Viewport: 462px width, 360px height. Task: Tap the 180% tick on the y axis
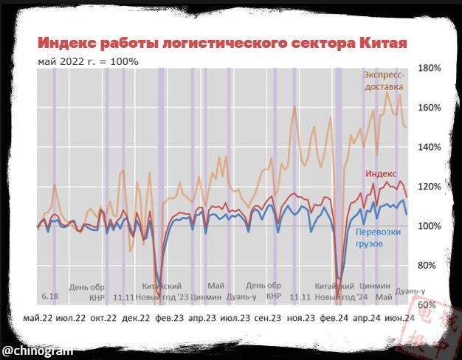430,68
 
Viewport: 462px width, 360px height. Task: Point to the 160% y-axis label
430,108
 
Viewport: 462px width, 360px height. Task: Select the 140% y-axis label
430,147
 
